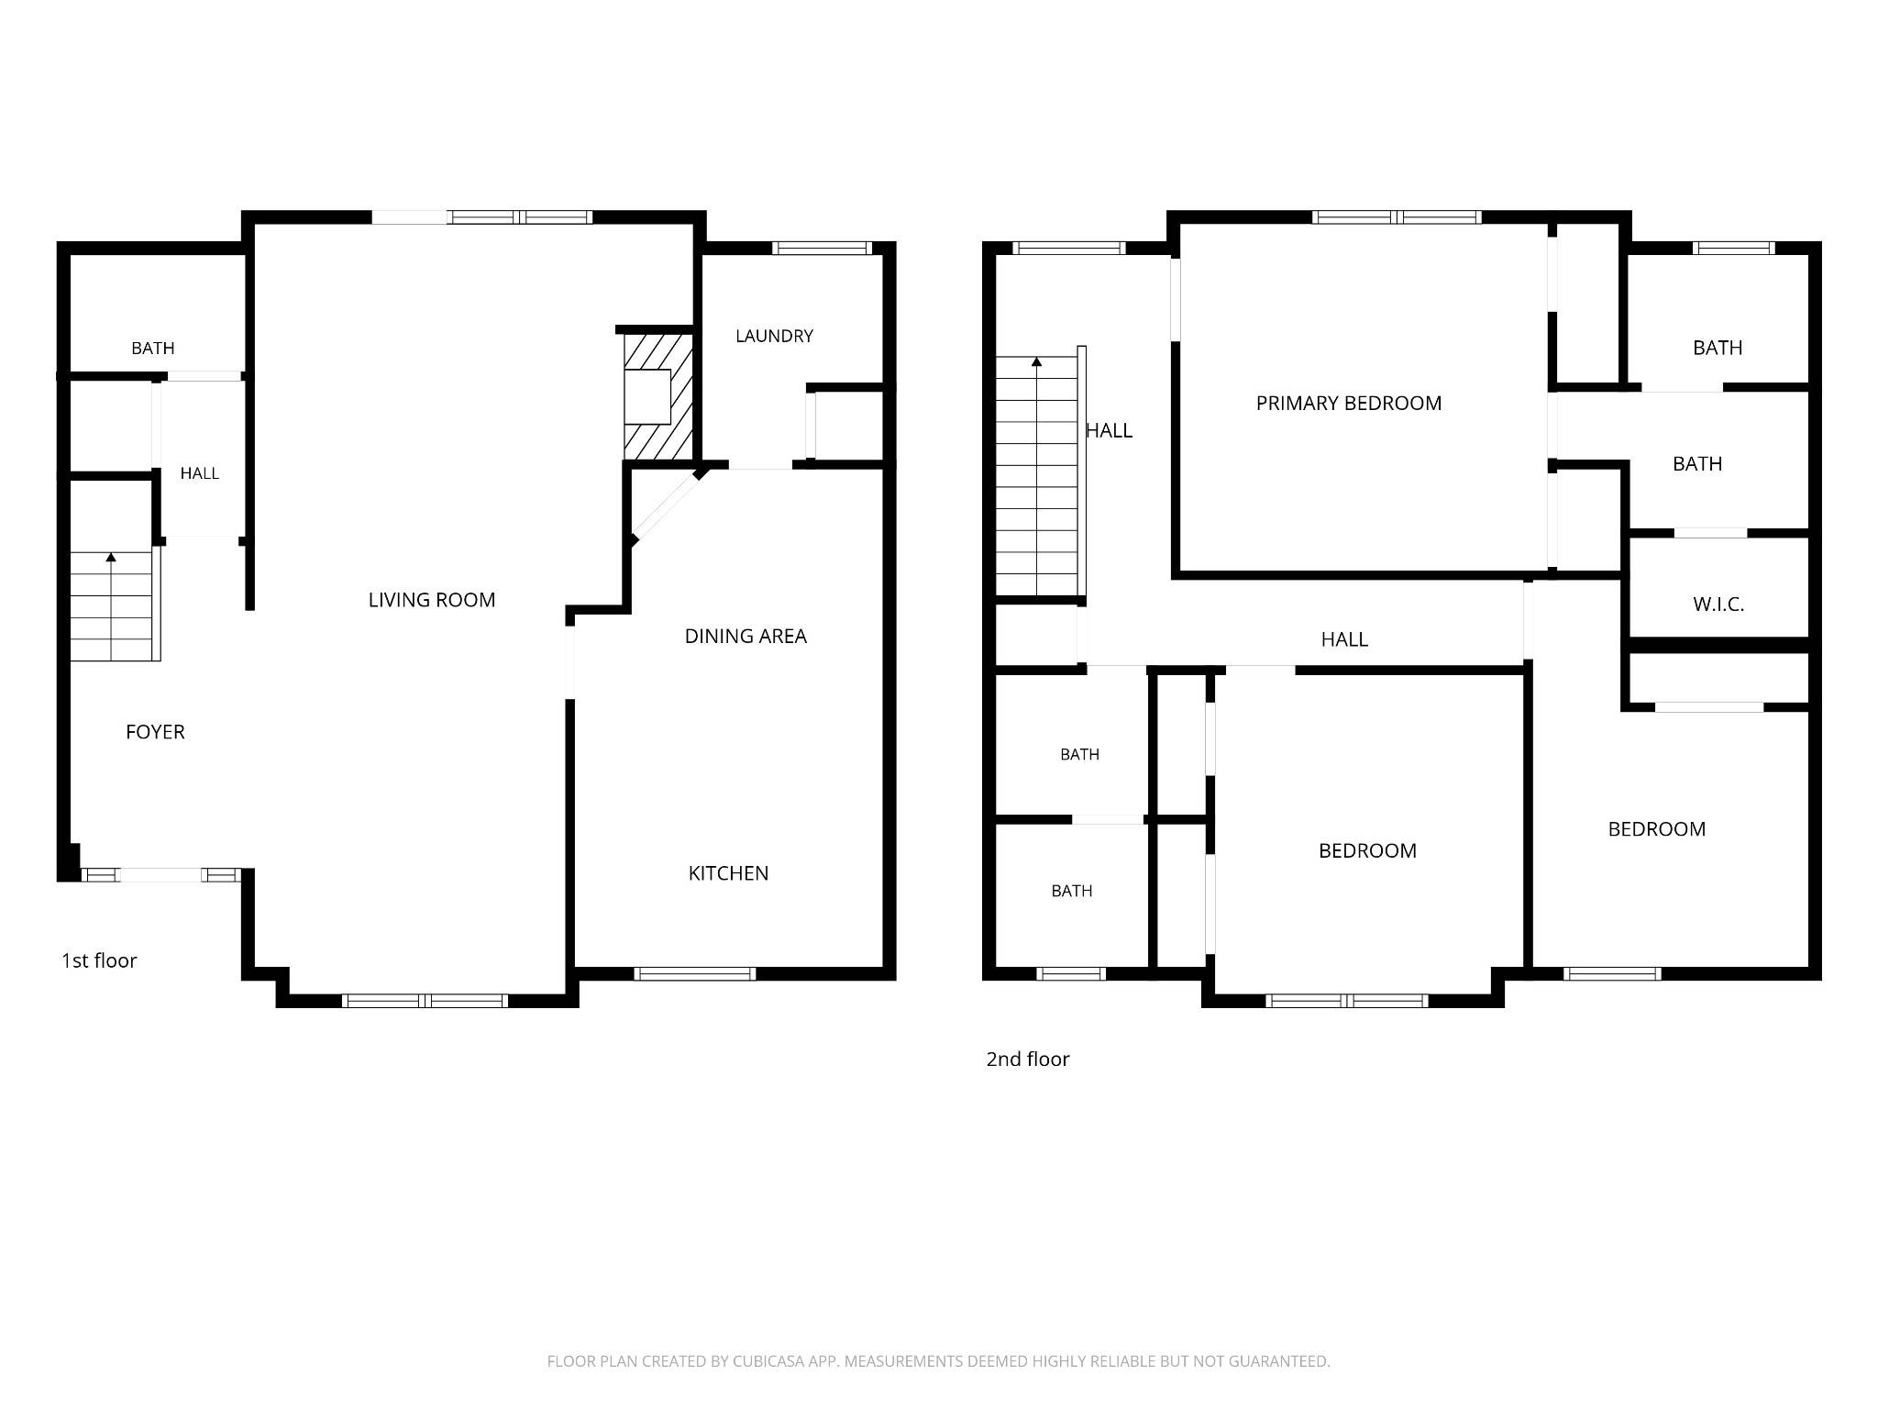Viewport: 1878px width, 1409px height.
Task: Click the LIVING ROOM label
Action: pos(431,600)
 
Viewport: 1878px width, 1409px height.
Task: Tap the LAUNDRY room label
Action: pos(774,336)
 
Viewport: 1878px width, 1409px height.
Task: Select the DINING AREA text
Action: pos(746,636)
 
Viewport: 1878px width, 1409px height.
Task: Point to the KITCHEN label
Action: pos(728,873)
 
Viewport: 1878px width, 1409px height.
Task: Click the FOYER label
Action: pos(155,732)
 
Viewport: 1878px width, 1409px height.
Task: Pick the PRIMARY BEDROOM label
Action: pos(1348,403)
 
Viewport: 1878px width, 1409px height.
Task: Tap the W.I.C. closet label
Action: pos(1718,605)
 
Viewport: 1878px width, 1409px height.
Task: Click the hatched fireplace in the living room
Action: pos(658,396)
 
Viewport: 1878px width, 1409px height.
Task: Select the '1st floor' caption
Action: pos(99,960)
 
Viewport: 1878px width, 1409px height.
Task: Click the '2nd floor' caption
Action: pos(1027,1059)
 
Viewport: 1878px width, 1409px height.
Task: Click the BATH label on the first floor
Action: pos(152,349)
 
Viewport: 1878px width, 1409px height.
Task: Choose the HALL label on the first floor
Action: pos(199,473)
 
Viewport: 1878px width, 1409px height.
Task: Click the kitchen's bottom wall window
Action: pos(695,974)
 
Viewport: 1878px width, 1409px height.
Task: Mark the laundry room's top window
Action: pos(823,248)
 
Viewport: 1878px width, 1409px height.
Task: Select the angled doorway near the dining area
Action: pos(667,507)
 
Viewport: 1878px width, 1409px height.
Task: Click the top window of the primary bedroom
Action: pos(1397,217)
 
